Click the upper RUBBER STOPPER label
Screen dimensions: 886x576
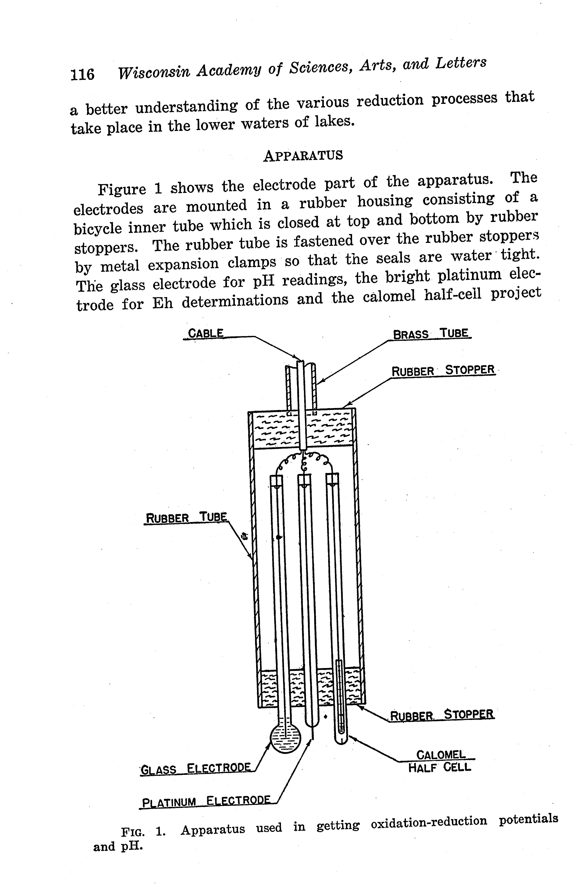click(x=443, y=370)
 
